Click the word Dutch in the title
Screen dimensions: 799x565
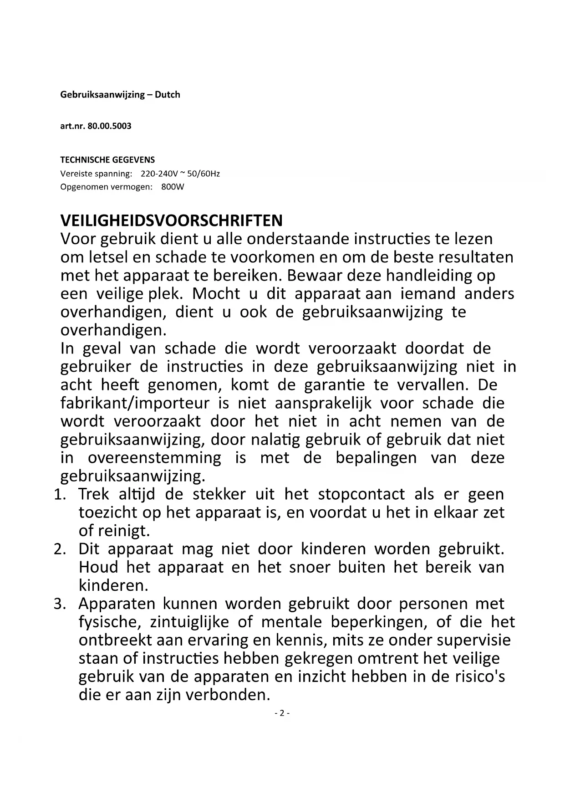[x=168, y=95]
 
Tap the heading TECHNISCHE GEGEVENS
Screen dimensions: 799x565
[x=107, y=160]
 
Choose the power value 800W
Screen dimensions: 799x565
[x=173, y=187]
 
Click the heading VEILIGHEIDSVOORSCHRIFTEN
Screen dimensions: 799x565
[x=171, y=220]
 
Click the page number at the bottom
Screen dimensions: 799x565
[x=282, y=713]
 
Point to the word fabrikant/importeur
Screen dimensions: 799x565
[x=135, y=404]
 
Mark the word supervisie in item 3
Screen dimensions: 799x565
[x=473, y=640]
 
